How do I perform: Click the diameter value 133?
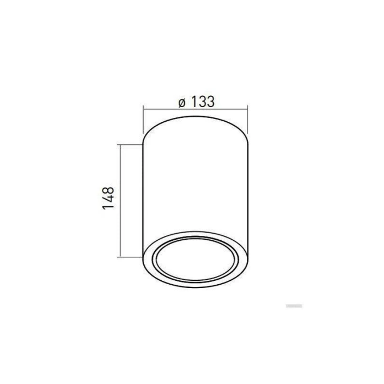click(201, 101)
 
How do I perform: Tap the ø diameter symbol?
click(182, 102)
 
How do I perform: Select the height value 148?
click(108, 199)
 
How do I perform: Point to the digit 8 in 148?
click(108, 190)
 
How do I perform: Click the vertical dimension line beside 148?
click(121, 201)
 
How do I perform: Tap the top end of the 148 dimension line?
click(121, 145)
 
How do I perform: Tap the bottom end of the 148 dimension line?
click(121, 257)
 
